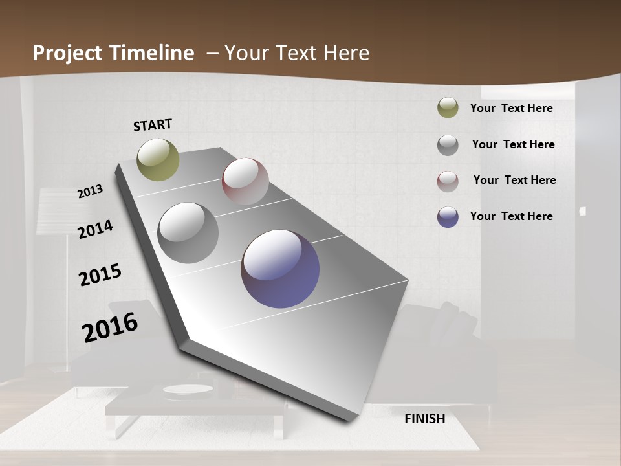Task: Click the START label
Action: tap(153, 124)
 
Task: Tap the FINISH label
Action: tap(424, 419)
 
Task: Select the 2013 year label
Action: tap(91, 192)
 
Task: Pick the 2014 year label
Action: tap(95, 229)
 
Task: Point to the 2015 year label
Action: tap(100, 275)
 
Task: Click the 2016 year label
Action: tap(110, 327)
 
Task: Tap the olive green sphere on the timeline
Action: tap(158, 159)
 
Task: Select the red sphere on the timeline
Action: tap(245, 181)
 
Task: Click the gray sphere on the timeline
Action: tap(188, 233)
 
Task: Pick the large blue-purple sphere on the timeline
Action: tap(280, 269)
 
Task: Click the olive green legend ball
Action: tap(448, 108)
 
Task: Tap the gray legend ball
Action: tap(448, 145)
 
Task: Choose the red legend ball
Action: tap(448, 181)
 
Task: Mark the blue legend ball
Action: tap(448, 217)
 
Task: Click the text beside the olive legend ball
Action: tap(511, 108)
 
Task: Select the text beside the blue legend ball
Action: tap(511, 216)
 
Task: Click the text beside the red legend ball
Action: tap(514, 180)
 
